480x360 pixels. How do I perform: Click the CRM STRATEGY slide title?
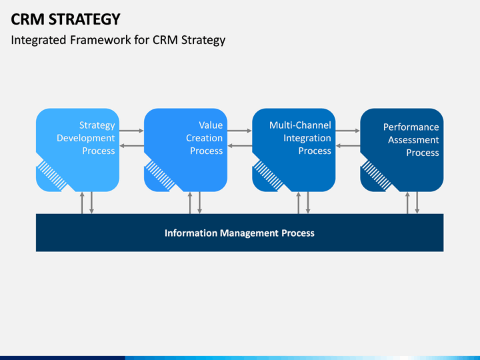coord(65,19)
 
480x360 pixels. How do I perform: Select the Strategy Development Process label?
coord(86,138)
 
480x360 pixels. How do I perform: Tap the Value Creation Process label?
coord(204,138)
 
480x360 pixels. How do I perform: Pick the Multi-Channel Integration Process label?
coord(300,138)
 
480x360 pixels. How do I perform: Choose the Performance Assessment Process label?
coord(411,140)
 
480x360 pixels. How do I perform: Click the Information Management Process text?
coord(239,233)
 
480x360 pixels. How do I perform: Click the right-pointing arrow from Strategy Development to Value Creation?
coord(131,131)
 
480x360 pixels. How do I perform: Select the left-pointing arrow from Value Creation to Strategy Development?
coord(131,146)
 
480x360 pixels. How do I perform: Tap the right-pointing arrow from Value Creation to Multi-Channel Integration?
coord(239,131)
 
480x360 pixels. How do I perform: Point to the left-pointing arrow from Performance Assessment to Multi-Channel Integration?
coord(348,146)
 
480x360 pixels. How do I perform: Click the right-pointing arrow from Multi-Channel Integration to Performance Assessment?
coord(348,131)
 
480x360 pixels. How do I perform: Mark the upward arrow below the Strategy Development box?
coord(82,203)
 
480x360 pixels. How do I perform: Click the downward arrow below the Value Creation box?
coord(199,203)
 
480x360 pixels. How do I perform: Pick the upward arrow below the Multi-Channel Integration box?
coord(299,203)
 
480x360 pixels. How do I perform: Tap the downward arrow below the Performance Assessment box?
coord(417,203)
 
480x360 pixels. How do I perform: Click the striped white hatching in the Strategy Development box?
coord(52,176)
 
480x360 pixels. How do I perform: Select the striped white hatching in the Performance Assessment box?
coord(376,176)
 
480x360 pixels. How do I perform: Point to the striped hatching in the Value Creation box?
coord(160,176)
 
